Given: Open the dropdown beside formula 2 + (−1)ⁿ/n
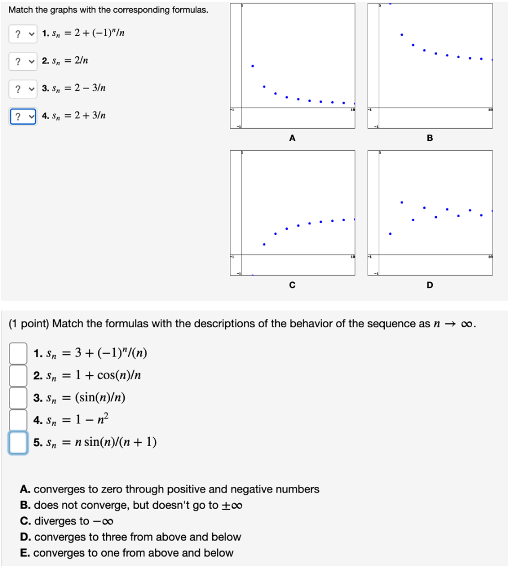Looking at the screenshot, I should coord(23,34).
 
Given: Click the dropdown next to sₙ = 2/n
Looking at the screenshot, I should coord(23,61).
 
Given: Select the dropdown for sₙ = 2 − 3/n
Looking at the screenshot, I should coord(23,88).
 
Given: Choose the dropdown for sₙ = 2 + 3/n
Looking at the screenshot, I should coord(23,117).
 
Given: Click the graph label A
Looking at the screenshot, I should coord(292,138).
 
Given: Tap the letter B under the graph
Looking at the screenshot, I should coord(430,138).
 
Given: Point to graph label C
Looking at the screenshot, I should coord(292,285).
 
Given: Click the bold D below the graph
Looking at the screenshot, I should coord(430,285).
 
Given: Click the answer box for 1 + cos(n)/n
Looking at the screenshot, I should coord(18,376).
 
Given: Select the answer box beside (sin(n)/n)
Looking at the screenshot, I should coord(18,397).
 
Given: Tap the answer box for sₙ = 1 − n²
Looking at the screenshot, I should coord(18,420).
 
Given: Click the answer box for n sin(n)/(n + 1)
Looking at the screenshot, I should coord(18,442).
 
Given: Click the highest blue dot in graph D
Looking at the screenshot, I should coord(402,202).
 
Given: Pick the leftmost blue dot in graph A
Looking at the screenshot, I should coord(253,66).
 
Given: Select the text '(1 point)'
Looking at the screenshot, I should coord(29,324).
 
